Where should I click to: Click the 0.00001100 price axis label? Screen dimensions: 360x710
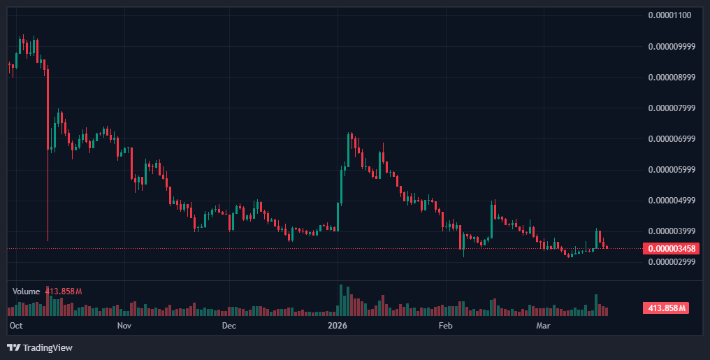pos(670,15)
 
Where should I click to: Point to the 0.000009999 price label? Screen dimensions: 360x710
pos(672,47)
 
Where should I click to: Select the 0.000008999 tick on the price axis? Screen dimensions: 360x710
pos(672,78)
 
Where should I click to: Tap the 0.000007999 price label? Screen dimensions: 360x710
pos(672,108)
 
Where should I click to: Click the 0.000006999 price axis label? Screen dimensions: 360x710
pos(672,139)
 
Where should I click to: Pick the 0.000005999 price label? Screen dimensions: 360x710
pos(672,170)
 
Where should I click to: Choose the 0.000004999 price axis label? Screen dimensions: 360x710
pos(672,201)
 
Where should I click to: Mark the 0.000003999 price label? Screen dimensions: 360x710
pos(672,231)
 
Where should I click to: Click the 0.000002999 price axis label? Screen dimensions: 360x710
pos(672,262)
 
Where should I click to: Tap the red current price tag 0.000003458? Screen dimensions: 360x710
pos(671,248)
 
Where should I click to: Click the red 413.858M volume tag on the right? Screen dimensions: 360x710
pos(665,308)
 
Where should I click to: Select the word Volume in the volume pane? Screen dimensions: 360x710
pos(26,291)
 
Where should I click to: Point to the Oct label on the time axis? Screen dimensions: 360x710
pos(16,326)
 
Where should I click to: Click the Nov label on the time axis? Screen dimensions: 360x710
pos(124,326)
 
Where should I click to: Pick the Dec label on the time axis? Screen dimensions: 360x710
pos(229,326)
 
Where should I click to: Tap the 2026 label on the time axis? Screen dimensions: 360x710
pos(338,326)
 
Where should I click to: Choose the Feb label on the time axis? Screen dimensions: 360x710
pos(445,326)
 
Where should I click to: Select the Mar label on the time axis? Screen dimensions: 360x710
pos(543,326)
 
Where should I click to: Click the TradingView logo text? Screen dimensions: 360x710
pos(47,347)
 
